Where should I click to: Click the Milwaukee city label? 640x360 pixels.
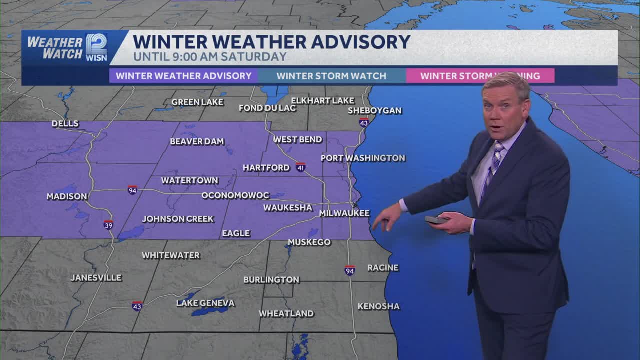[x=344, y=213]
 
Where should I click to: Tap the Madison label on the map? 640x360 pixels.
[x=67, y=197]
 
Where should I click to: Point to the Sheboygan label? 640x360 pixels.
[x=375, y=111]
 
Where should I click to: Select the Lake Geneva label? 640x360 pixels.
[x=205, y=303]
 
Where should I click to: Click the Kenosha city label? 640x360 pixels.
[x=378, y=306]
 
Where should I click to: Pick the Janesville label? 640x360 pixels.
[x=96, y=278]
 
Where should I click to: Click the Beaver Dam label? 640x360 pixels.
[x=197, y=141]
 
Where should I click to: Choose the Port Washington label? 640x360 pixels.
[x=363, y=158]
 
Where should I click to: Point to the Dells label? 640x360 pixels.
[x=65, y=124]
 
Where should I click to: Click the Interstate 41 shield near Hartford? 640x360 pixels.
[x=300, y=167]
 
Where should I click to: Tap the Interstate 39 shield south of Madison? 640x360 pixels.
[x=108, y=225]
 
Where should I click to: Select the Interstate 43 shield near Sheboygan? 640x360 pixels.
[x=364, y=122]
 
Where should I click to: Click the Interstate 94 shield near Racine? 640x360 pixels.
[x=350, y=270]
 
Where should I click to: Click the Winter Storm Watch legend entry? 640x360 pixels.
[x=331, y=76]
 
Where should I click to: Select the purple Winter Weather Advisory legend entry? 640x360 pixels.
[x=184, y=76]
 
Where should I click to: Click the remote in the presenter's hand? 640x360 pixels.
[x=436, y=219]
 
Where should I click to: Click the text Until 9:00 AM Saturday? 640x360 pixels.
[x=210, y=57]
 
